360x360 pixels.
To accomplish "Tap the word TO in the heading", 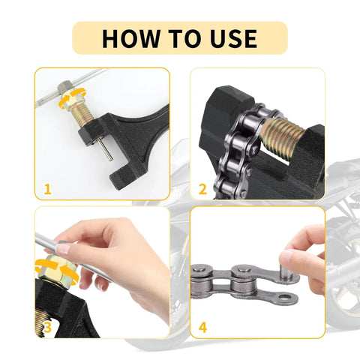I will (x=179, y=37).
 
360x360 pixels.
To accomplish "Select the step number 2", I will (x=202, y=189).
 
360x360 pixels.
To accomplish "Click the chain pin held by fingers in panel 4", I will (x=289, y=270).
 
